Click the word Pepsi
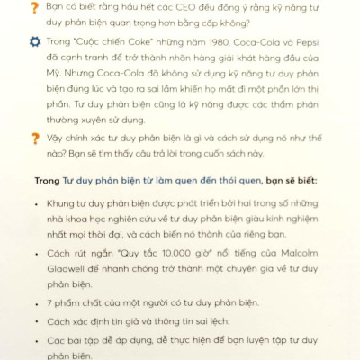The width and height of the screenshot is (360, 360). [303, 43]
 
